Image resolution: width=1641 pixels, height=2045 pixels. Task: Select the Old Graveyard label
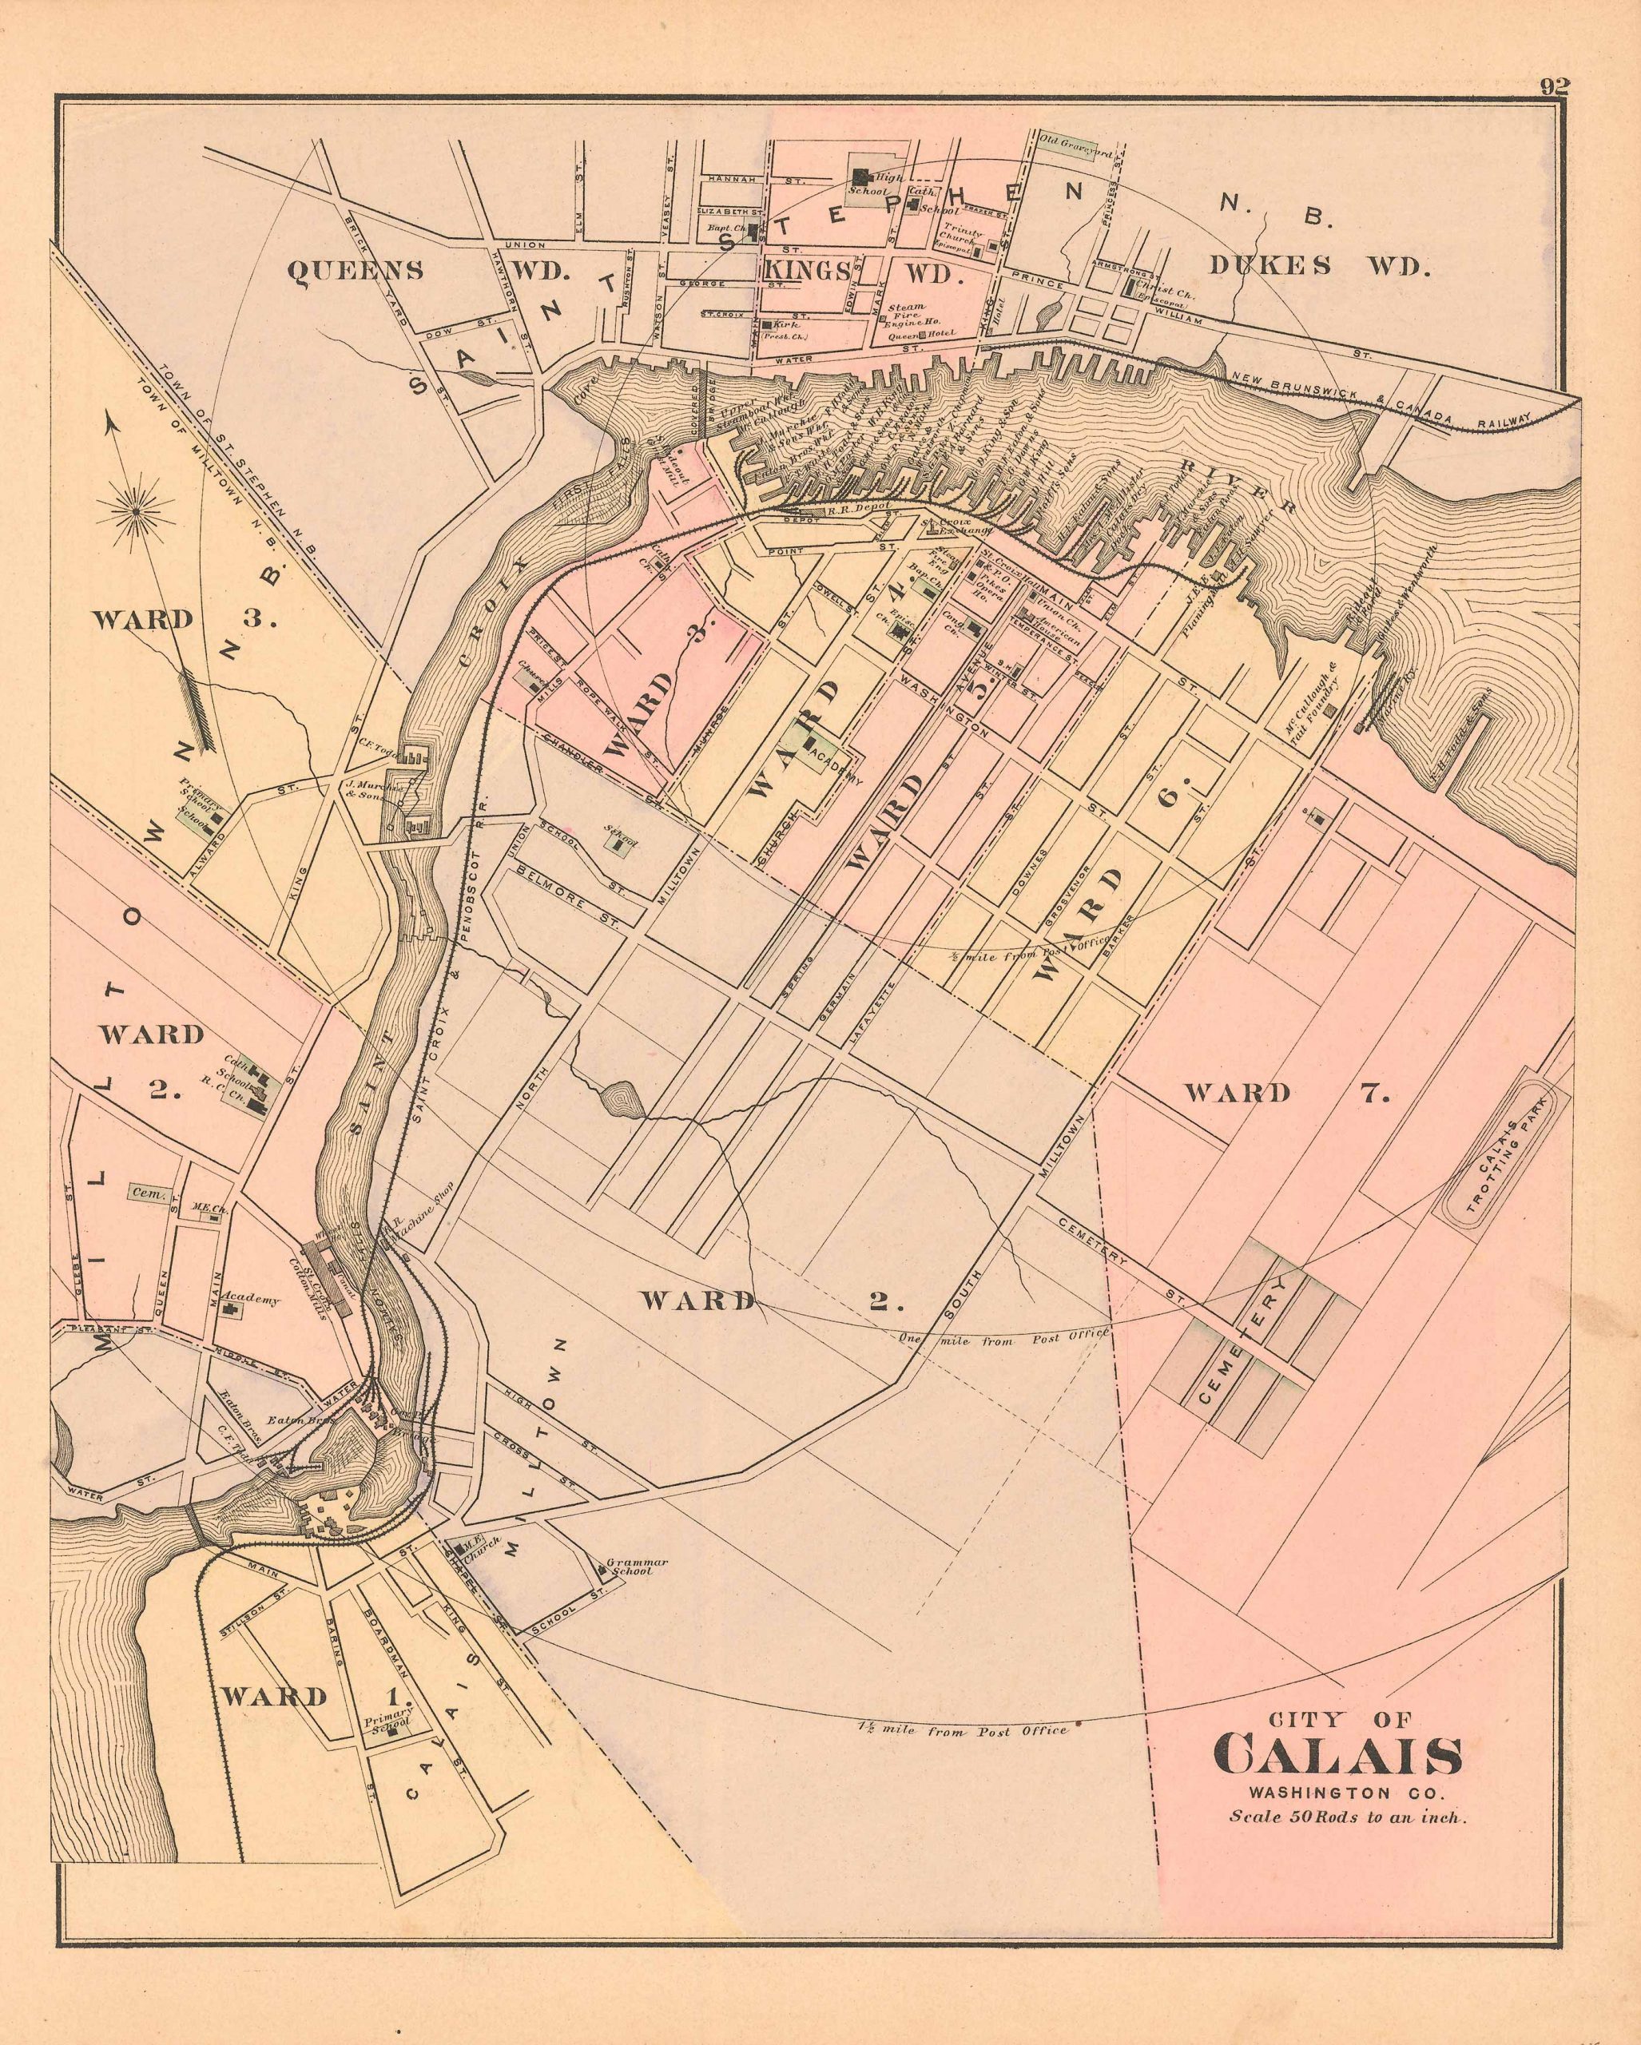(1067, 142)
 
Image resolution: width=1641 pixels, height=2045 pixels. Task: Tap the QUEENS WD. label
(427, 270)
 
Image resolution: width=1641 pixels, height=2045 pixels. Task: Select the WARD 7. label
(1286, 1093)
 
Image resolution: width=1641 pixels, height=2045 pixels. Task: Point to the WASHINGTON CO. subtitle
(1337, 1793)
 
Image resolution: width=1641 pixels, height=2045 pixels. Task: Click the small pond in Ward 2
(622, 1099)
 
